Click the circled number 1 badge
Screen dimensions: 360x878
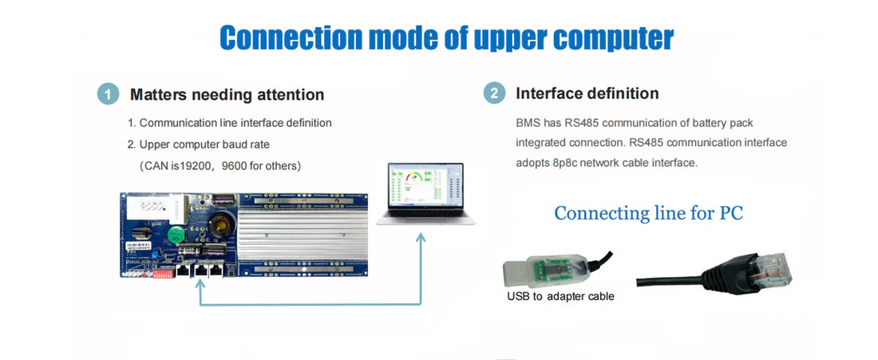tap(109, 93)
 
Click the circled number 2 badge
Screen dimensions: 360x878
tap(495, 93)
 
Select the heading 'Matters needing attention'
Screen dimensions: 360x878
tap(227, 94)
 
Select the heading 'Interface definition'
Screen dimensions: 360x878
tap(587, 93)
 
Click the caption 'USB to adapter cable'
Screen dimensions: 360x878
tap(560, 296)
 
